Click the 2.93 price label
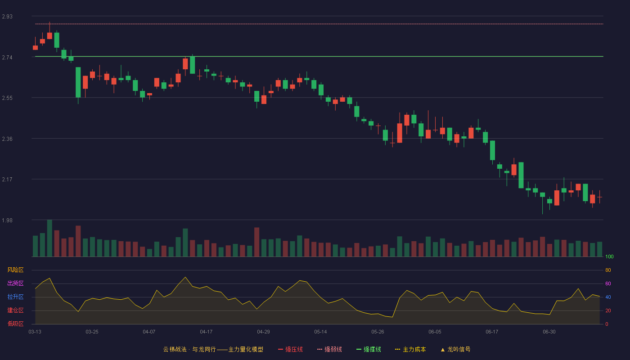pos(7,17)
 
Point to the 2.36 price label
pos(7,139)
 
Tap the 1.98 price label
pos(7,220)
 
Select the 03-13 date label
pos(35,332)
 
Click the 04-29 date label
pos(263,332)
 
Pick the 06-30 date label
pos(549,332)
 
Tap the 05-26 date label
pos(378,332)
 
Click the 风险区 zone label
pos(15,270)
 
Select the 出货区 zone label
pos(15,283)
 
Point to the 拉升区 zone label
pos(15,297)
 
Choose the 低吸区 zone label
pos(15,324)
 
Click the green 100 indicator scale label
pos(609,256)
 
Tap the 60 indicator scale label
pos(608,283)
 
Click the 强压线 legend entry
pos(290,349)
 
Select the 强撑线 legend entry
pos(369,349)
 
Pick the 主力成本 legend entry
pos(410,349)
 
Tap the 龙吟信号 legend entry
pos(455,349)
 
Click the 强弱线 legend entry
pos(329,349)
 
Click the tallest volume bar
pos(49,238)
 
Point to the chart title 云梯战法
pos(175,349)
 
